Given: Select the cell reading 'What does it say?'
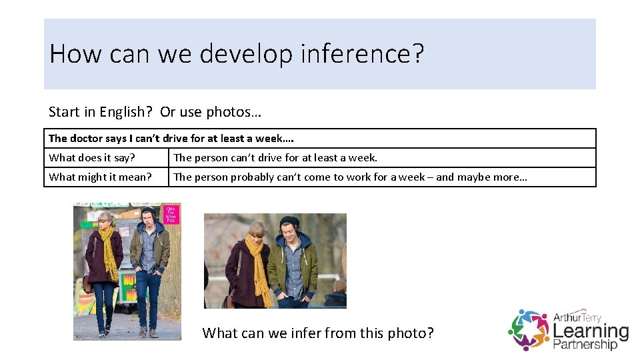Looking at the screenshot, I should click(92, 158).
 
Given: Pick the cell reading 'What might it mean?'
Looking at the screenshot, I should click(100, 177).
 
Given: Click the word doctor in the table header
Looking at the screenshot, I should click(87, 139).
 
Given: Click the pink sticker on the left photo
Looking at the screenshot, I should click(172, 215).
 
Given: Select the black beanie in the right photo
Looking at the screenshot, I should click(289, 221).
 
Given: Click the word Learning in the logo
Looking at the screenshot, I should click(591, 330).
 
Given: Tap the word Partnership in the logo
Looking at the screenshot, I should click(585, 345).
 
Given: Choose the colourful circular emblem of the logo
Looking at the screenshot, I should click(529, 329).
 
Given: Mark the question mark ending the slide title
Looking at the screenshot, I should click(418, 53).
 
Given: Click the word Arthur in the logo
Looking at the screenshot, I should click(567, 316).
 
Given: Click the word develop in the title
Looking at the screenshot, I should click(247, 53).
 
